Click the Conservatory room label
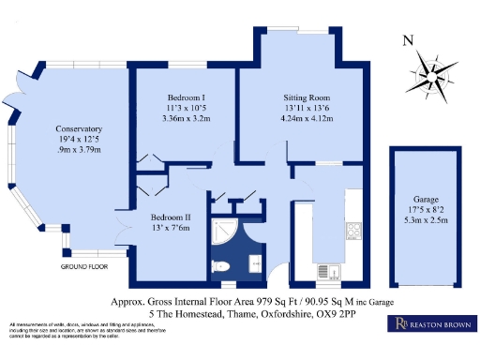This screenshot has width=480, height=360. (79, 128)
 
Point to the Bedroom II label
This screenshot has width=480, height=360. (172, 216)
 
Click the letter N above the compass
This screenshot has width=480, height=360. (406, 40)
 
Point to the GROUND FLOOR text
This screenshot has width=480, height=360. (84, 266)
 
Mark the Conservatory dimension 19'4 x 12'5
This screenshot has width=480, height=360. (79, 140)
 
